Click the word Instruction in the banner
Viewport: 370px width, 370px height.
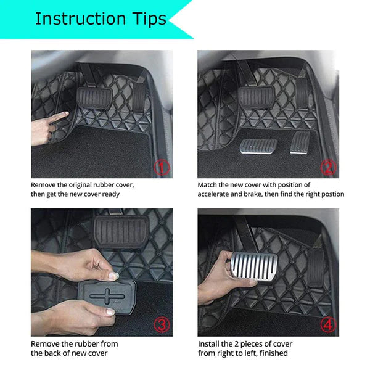tap(81, 18)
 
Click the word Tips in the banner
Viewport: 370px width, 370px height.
tap(149, 19)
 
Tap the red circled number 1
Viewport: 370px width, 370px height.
tap(162, 168)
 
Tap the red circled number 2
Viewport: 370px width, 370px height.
tap(328, 168)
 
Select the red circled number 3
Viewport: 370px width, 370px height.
tap(162, 325)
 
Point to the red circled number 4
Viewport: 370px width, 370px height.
tap(329, 325)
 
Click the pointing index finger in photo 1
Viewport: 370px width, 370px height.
tap(59, 117)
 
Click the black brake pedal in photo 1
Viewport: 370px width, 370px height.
tap(94, 98)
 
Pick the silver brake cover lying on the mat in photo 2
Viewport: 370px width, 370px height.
tap(258, 146)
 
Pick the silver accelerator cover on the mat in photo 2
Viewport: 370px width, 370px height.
tap(300, 142)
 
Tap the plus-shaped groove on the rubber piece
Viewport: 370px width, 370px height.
tap(107, 297)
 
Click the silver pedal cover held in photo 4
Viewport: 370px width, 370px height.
tap(254, 267)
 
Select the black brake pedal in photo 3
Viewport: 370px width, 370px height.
tap(121, 232)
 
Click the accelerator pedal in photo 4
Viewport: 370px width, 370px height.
tap(316, 268)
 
